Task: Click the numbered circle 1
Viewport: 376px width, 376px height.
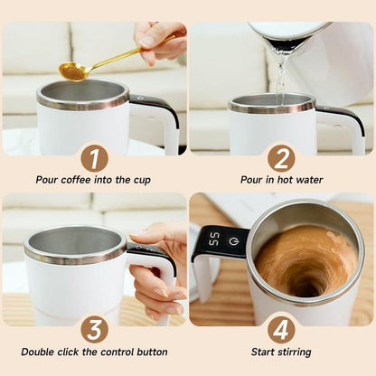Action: [94, 158]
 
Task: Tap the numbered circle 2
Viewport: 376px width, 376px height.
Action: [281, 158]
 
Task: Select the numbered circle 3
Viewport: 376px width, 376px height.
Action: [94, 328]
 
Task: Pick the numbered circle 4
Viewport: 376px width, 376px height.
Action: [281, 328]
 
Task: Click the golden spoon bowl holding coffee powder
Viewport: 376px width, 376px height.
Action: [70, 70]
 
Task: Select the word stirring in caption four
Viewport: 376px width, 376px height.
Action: [293, 352]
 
